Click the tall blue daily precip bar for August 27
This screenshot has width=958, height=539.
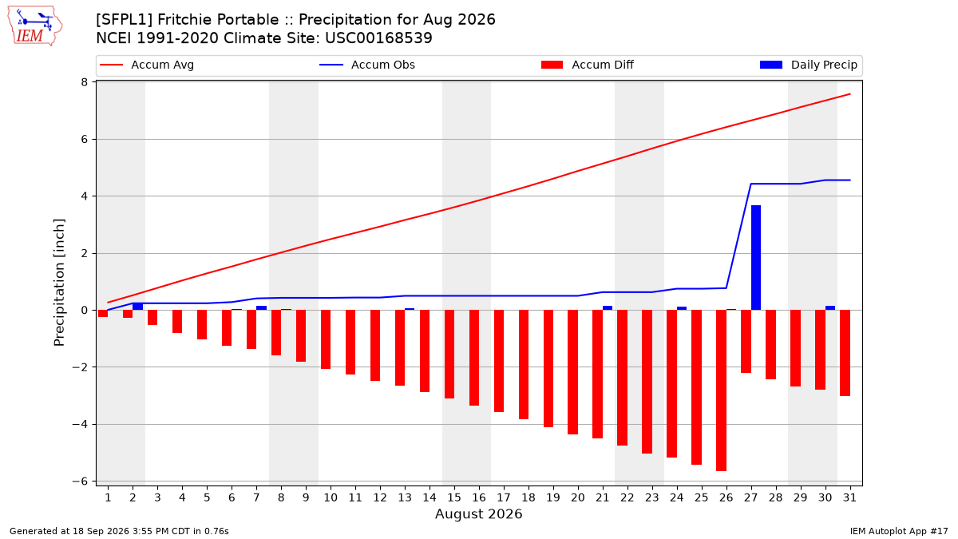(x=756, y=257)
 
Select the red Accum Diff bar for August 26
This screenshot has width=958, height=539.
(x=721, y=390)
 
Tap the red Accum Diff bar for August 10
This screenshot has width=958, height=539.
(x=326, y=339)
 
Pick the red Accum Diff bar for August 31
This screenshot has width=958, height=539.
(x=845, y=353)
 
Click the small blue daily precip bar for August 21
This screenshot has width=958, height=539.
(x=608, y=308)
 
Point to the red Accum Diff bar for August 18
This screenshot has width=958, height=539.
(x=524, y=364)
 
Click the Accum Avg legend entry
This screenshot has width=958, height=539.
(x=147, y=65)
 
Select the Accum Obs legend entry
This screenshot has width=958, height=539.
(x=367, y=65)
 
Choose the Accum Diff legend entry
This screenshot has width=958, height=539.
(x=588, y=65)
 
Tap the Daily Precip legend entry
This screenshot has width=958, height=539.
(x=809, y=65)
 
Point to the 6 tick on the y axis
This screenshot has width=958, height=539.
(x=85, y=140)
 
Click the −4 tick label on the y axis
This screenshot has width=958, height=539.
(x=80, y=424)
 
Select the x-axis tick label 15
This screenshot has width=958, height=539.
(x=454, y=497)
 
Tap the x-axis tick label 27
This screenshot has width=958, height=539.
(x=751, y=497)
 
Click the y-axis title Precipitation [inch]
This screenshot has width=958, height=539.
(x=59, y=283)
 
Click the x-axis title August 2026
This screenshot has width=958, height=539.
(x=478, y=513)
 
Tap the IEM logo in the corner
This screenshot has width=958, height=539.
(x=35, y=26)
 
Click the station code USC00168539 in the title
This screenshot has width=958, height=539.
(x=378, y=38)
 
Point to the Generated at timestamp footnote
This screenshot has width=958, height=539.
(x=119, y=531)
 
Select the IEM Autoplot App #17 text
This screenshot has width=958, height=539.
(x=899, y=531)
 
